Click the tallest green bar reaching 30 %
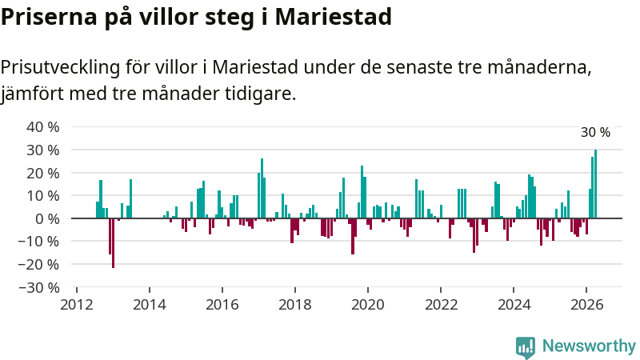[595, 184]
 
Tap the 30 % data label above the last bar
[595, 132]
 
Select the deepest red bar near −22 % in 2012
[113, 243]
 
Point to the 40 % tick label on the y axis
[43, 127]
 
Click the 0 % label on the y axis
[47, 218]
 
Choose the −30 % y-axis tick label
[39, 288]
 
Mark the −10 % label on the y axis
[39, 242]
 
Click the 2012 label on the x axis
[77, 305]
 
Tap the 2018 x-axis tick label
[295, 305]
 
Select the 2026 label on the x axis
[586, 305]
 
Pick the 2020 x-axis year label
[368, 305]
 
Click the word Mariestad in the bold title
[333, 17]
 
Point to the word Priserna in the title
[49, 17]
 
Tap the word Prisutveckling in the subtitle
[61, 67]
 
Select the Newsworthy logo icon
[526, 348]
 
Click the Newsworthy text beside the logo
[589, 346]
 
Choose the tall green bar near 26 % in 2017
[262, 188]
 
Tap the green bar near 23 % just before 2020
[362, 192]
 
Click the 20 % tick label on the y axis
[43, 173]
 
